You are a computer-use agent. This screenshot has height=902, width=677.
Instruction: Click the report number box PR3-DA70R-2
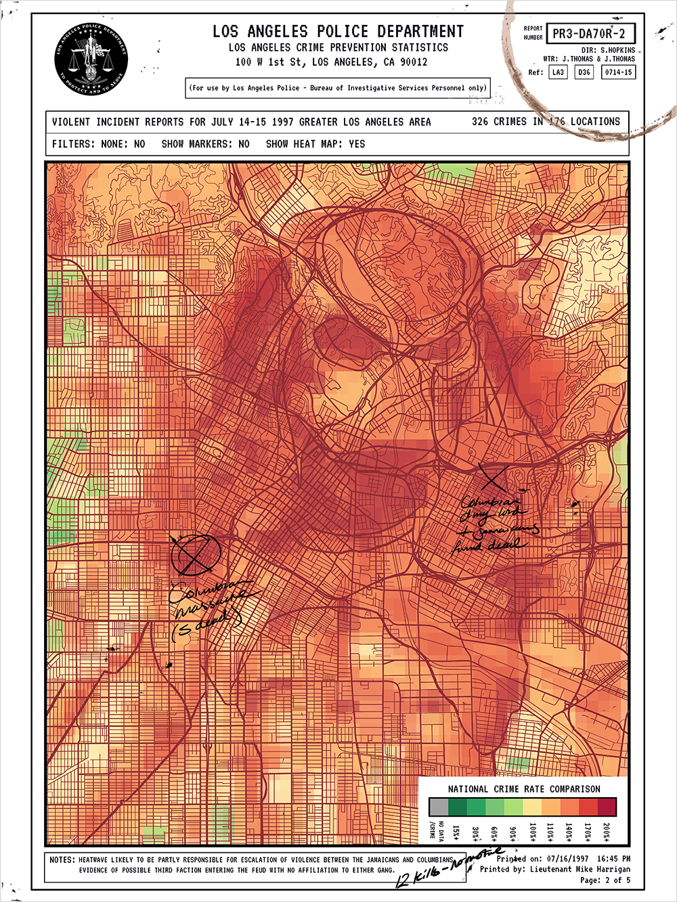point(590,33)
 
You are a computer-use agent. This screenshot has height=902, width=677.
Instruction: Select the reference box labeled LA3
point(558,72)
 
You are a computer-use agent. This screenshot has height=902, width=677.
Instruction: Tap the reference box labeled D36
point(584,72)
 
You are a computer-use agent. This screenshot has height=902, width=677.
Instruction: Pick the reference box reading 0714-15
point(618,72)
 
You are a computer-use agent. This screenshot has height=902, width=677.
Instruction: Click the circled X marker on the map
point(196,554)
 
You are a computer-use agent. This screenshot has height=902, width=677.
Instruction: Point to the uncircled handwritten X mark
point(495,478)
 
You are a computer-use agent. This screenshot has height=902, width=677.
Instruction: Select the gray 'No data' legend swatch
point(439,807)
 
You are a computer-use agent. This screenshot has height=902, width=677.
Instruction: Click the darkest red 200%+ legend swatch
point(607,807)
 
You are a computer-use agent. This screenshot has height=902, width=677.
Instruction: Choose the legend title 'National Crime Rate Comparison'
point(523,789)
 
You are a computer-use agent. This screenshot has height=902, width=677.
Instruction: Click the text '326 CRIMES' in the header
point(499,122)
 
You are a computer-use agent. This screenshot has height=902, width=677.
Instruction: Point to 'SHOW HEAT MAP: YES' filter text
point(315,143)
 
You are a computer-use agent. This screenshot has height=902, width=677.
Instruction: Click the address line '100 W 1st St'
point(332,62)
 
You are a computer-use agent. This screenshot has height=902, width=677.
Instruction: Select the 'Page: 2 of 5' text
point(605,880)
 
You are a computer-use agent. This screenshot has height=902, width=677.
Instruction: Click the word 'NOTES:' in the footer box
point(62,859)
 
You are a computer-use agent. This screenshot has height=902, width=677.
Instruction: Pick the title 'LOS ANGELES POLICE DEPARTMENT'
point(338,31)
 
